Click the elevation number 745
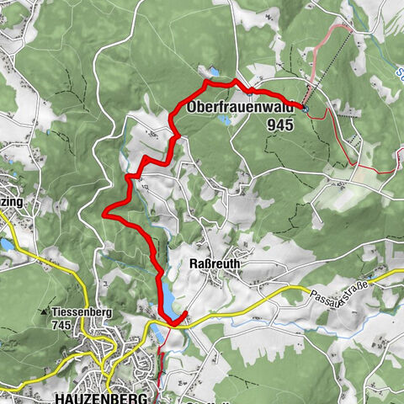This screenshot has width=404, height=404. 61,324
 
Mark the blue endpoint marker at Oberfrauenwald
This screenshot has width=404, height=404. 305,109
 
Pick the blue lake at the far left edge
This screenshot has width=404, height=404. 5,244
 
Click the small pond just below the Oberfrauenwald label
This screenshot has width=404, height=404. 225,120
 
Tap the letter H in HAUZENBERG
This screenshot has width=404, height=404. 60,396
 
